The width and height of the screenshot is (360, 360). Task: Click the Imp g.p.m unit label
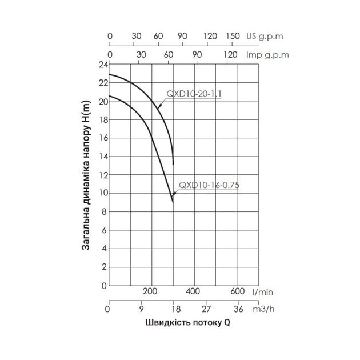coord(266,55)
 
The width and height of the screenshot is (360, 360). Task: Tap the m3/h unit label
coord(263,309)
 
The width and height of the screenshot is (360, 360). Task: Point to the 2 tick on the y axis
coord(103,267)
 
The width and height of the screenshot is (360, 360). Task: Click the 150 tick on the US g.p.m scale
coord(233,35)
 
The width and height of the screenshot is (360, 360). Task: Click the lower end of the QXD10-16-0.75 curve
coord(173,202)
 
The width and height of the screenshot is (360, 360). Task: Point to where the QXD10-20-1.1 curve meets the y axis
coord(109,74)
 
